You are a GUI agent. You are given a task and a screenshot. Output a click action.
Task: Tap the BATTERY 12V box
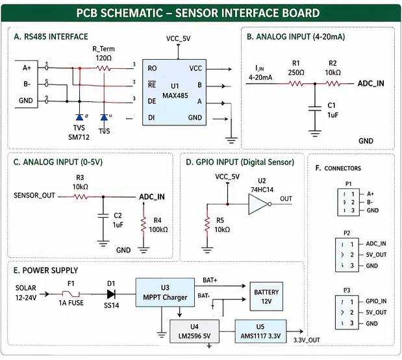coord(266,297)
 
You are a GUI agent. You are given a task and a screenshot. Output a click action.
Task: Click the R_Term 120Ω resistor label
coord(103,53)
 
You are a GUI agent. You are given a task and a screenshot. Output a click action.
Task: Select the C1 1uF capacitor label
coord(332,109)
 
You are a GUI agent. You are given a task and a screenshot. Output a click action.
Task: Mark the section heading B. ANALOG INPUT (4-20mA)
coord(295,37)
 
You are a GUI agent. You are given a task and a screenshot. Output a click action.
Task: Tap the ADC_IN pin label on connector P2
coord(376,243)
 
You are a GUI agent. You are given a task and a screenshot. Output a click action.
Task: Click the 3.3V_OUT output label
coord(306,340)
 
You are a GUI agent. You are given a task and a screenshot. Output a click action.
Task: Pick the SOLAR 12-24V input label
coord(27,292)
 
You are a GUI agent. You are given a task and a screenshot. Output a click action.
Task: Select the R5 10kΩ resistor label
coord(222,225)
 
